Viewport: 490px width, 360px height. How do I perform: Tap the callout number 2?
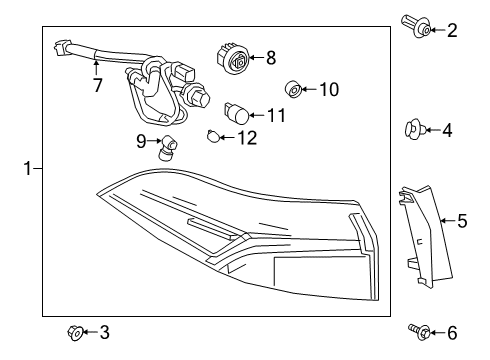(451, 30)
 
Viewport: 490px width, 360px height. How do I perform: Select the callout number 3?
(105, 331)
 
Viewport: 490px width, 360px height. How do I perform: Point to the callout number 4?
(447, 129)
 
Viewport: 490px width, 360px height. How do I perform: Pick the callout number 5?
(462, 219)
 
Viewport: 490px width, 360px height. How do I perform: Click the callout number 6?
(451, 331)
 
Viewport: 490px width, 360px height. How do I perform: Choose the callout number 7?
(97, 86)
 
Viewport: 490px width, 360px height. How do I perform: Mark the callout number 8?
(270, 58)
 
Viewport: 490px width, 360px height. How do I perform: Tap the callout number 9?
(142, 140)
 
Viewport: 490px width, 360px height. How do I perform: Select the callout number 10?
(329, 90)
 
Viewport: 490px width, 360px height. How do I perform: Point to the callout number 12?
(246, 137)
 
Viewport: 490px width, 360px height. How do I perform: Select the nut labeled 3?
(75, 331)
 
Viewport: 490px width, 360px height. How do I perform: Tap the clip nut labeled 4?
(412, 128)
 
